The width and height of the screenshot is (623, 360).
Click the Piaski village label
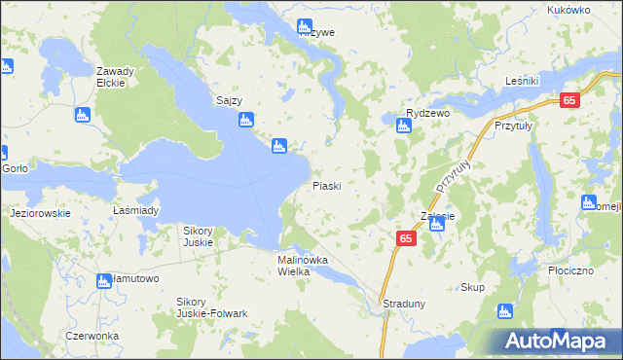point(326,185)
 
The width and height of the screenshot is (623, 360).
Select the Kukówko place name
point(569,10)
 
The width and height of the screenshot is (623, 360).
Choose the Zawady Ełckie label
point(115,77)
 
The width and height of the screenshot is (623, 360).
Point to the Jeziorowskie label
point(39,212)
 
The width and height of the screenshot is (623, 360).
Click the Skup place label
point(472,287)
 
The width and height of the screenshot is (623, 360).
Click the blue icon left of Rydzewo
point(403,124)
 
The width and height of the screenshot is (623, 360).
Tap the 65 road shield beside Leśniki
point(570,99)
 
